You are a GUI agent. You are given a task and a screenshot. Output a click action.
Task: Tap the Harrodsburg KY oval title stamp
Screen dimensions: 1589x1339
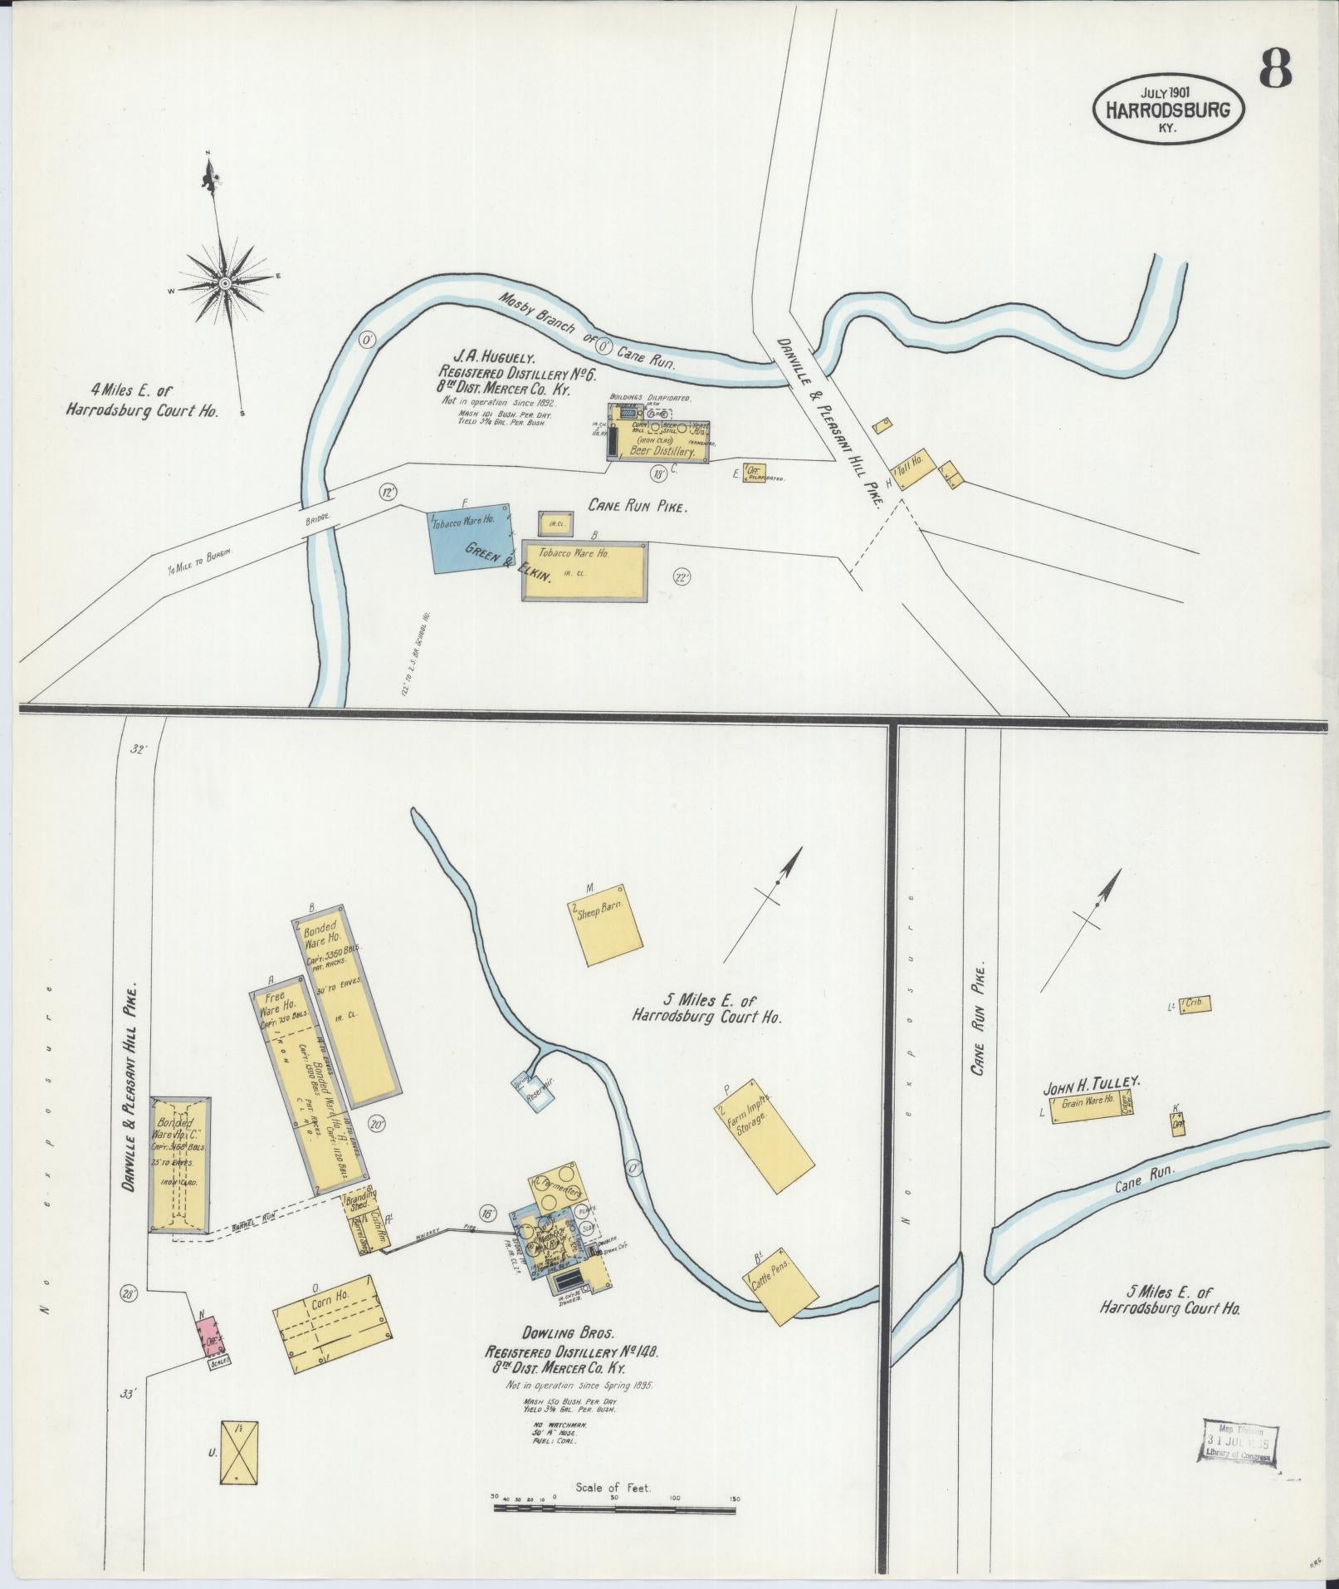click(x=1170, y=107)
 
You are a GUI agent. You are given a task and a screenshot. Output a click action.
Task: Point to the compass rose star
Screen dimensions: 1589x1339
click(x=224, y=284)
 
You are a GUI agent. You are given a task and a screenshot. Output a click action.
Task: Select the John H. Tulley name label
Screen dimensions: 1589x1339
click(x=1092, y=1081)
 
